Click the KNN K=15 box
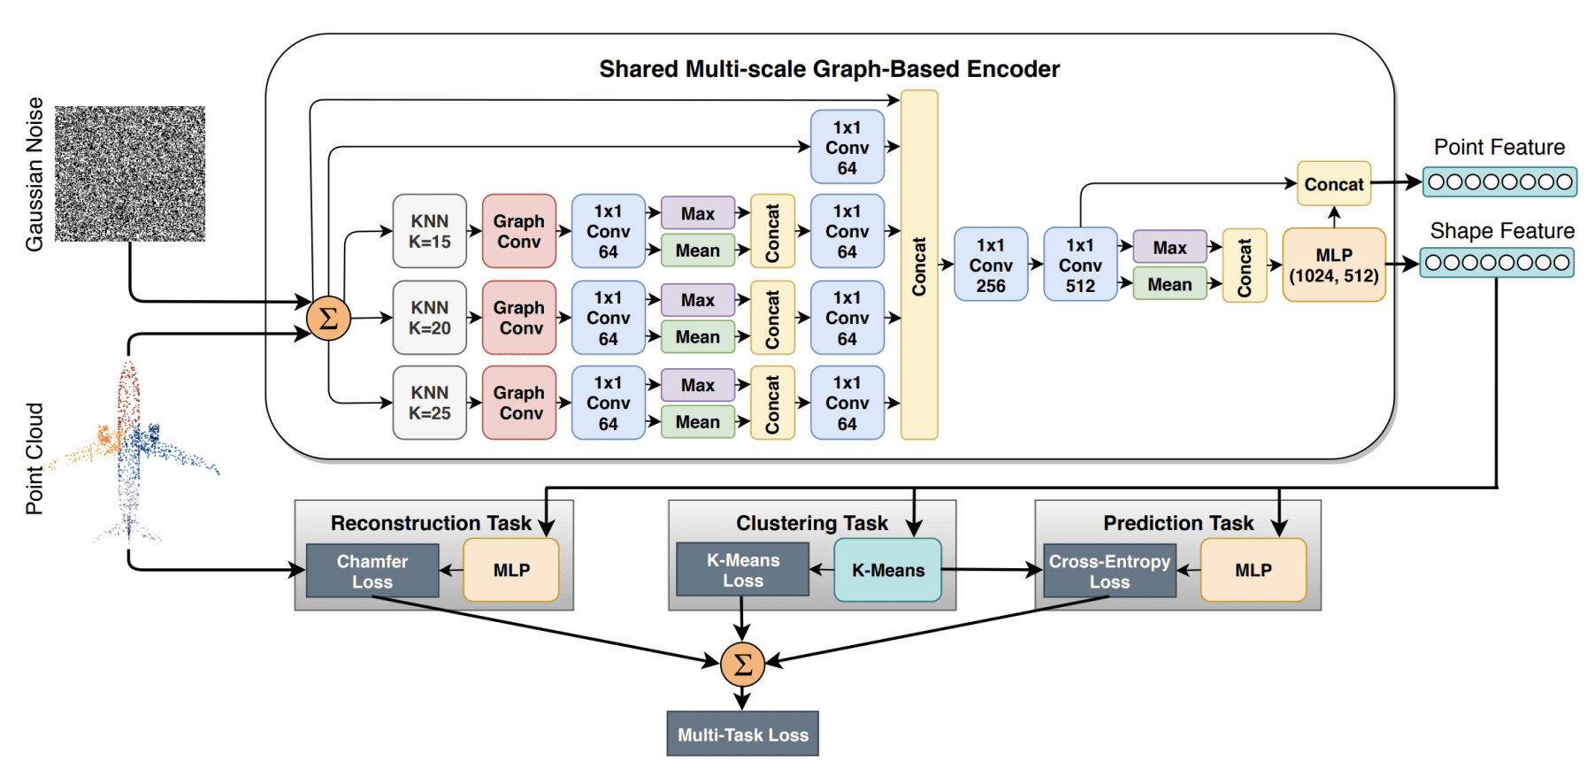pos(429,231)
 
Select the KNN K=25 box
pos(429,403)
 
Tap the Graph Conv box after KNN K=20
pos(519,318)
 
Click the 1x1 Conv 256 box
pos(991,265)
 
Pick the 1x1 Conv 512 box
pos(1080,265)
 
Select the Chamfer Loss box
pos(372,571)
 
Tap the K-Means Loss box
pos(742,570)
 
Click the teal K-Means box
pos(887,570)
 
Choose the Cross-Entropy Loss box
pos(1109,571)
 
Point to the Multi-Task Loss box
pos(742,734)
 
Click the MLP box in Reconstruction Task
pos(511,570)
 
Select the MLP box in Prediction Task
pos(1253,570)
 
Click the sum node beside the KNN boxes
pos(328,319)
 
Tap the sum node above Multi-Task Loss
pos(742,664)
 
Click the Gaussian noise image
pos(130,173)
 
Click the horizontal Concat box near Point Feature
pos(1333,184)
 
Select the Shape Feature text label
pos(1502,231)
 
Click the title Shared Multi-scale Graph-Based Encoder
pos(829,69)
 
